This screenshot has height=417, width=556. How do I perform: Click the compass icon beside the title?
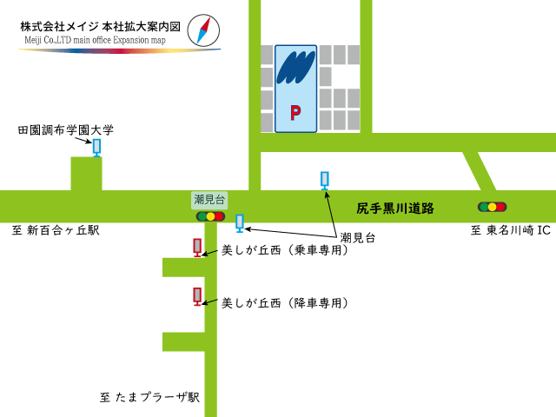tap(203, 30)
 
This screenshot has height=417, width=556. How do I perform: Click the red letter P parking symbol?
tap(295, 112)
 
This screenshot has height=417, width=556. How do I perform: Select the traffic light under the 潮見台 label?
tap(210, 216)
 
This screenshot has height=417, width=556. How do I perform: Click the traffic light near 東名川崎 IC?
tap(492, 207)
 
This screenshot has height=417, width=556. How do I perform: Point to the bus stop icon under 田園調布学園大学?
tap(96, 148)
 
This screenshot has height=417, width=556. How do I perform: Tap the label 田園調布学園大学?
tap(66, 130)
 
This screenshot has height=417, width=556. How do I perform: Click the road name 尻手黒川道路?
tap(395, 208)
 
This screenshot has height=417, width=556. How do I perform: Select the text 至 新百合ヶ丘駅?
tap(56, 230)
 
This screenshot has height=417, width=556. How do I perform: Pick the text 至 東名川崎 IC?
tap(511, 230)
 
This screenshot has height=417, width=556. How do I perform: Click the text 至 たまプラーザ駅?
tap(149, 397)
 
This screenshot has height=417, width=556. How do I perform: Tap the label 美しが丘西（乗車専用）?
tap(285, 250)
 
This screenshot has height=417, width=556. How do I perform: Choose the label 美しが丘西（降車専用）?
tap(285, 303)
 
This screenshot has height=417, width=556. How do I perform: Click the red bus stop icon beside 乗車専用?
tap(197, 248)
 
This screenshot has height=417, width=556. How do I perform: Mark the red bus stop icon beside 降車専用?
tap(197, 296)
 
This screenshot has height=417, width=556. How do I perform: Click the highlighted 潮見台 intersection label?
tap(209, 200)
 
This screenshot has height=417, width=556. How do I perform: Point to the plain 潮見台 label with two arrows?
tap(358, 237)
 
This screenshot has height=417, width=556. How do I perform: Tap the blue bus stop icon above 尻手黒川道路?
tap(325, 180)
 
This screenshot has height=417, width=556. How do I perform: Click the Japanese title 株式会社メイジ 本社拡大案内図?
tap(100, 27)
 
